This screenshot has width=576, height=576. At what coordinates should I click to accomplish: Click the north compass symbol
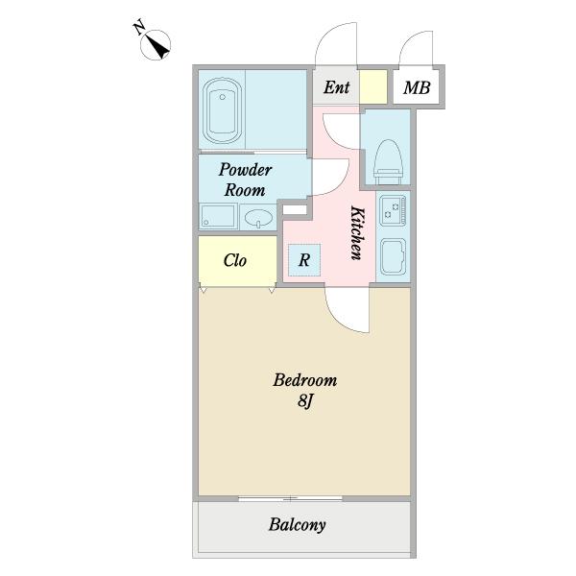(x=156, y=45)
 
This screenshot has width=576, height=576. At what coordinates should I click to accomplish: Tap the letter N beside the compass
(x=138, y=28)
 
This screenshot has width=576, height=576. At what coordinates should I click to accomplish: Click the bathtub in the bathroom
(x=223, y=110)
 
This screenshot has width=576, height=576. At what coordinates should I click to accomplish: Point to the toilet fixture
(x=388, y=161)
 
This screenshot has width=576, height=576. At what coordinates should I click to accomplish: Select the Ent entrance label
(x=336, y=87)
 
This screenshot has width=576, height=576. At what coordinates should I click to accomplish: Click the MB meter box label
(x=417, y=87)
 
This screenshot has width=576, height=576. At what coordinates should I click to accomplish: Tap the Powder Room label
(x=245, y=180)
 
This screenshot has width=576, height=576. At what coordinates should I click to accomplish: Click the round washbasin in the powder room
(x=258, y=218)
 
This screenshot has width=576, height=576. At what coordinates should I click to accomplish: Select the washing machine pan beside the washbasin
(x=218, y=216)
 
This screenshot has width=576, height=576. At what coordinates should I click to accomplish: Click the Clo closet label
(x=235, y=260)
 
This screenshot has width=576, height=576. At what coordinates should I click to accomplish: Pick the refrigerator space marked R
(x=304, y=260)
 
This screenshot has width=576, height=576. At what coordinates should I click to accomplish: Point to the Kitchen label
(x=357, y=233)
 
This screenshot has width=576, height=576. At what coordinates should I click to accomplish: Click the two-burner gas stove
(x=393, y=210)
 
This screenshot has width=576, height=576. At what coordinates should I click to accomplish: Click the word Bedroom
(x=305, y=380)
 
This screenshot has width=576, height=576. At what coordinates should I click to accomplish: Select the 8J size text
(x=305, y=400)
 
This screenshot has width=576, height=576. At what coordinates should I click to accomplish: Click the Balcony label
(x=298, y=524)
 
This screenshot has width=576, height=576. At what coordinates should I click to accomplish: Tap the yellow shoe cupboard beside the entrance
(x=372, y=86)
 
